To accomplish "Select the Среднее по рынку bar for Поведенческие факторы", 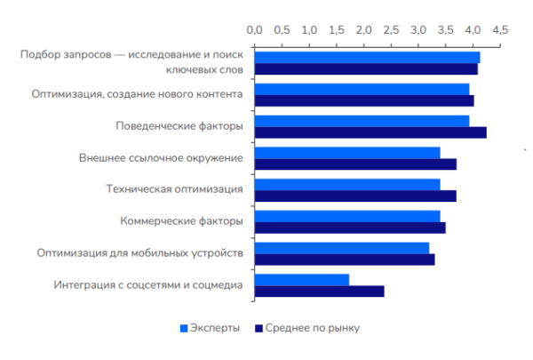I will (x=370, y=132).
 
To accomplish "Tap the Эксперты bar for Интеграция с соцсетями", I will (x=302, y=279).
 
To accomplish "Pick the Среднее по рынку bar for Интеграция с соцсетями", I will (x=320, y=291).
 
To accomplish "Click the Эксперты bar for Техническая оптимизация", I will (x=347, y=184).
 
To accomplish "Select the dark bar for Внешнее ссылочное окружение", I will (x=355, y=164).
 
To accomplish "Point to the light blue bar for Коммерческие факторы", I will (x=347, y=216).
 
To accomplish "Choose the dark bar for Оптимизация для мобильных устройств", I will (x=345, y=260).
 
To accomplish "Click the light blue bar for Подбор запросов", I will (x=368, y=57).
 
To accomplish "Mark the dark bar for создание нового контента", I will (x=364, y=100).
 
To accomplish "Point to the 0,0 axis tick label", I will (x=255, y=30).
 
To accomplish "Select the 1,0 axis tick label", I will (x=309, y=30).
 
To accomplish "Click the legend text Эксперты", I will (x=215, y=328).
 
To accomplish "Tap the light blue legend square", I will (x=185, y=328).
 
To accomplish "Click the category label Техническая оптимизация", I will (x=174, y=189).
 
